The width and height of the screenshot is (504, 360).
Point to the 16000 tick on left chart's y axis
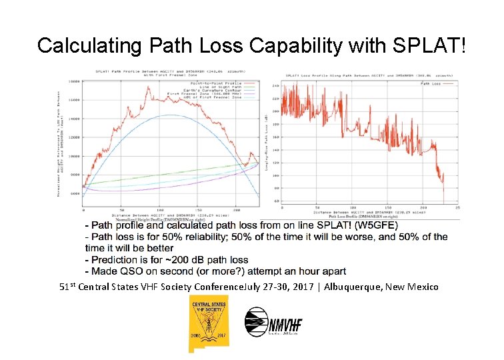point(73,100)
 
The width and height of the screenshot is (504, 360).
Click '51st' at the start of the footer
point(67,287)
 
